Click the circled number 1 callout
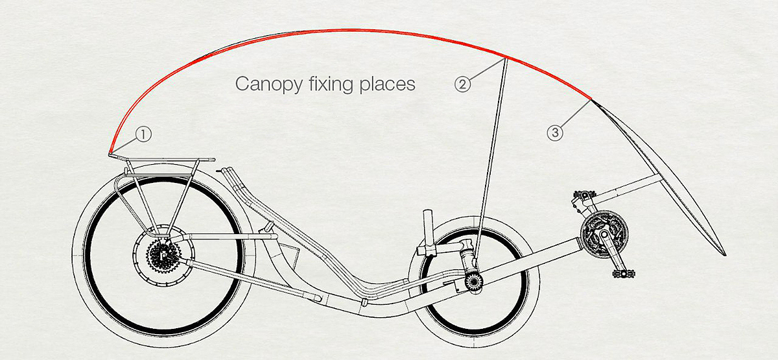tap(143, 134)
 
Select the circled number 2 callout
tap(462, 84)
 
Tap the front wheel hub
tap(473, 281)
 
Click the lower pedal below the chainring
tap(623, 274)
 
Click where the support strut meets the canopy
tap(504, 58)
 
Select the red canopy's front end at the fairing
tap(591, 100)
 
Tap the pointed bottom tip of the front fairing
tap(725, 255)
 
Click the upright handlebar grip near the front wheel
tap(428, 223)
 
